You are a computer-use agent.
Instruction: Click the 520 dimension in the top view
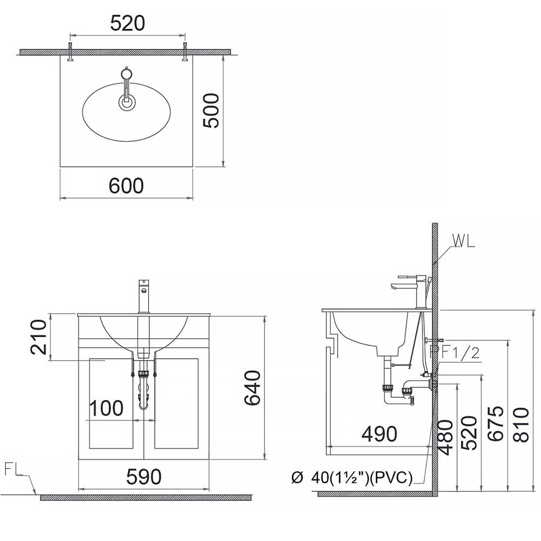pos(128,24)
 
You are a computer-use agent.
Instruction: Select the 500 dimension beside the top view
pos(212,110)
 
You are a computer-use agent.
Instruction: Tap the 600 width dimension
pos(126,186)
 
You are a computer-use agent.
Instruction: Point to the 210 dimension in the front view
pos(38,337)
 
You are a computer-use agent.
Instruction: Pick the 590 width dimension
pos(143,477)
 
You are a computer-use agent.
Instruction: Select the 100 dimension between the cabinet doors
pos(106,408)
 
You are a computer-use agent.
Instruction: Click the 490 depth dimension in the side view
pos(379,434)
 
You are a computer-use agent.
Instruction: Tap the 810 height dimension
pos(521,425)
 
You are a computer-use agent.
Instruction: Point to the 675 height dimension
pos(497,425)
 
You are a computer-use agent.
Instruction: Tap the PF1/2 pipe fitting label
pos(454,353)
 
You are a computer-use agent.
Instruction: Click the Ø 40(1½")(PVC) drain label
pos(352,478)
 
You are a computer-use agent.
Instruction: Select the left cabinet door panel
pos(111,403)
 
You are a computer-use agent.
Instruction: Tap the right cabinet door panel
pos(176,403)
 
